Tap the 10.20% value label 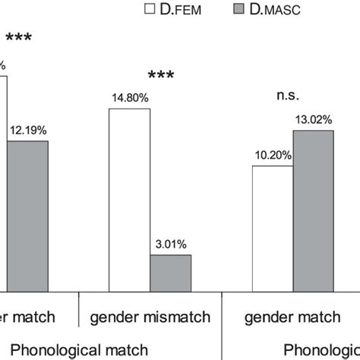click(x=270, y=156)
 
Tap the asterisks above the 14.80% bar click(x=160, y=76)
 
